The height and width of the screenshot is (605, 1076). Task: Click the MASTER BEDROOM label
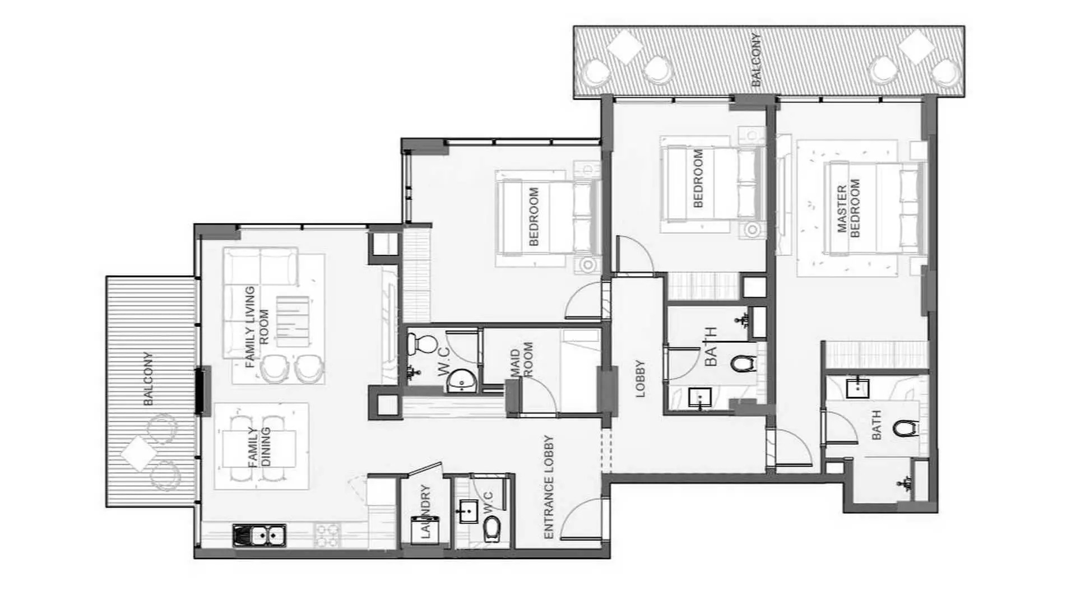(847, 209)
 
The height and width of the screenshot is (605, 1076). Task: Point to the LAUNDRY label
(425, 511)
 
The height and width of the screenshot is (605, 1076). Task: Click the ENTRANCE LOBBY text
(549, 487)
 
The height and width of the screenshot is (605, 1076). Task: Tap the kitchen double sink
(259, 536)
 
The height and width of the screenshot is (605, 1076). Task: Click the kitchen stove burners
(327, 535)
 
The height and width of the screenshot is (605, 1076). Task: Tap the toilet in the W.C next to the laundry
(491, 528)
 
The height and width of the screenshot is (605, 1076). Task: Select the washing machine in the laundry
(424, 530)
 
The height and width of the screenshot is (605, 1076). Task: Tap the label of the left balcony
(148, 379)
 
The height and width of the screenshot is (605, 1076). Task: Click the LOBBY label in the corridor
(640, 379)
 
